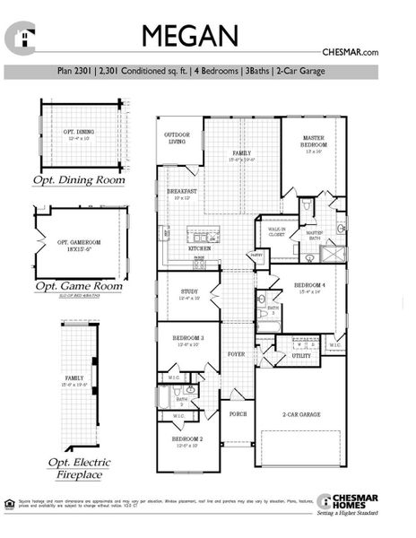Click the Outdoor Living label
pos(177,139)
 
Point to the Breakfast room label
pos(182,195)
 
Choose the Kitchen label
pos(200,247)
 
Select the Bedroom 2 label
pos(187,440)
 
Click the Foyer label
pos(236,354)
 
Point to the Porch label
pos(238,414)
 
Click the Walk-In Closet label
pos(277,232)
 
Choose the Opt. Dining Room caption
pos(80,180)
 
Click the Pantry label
pos(256,256)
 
